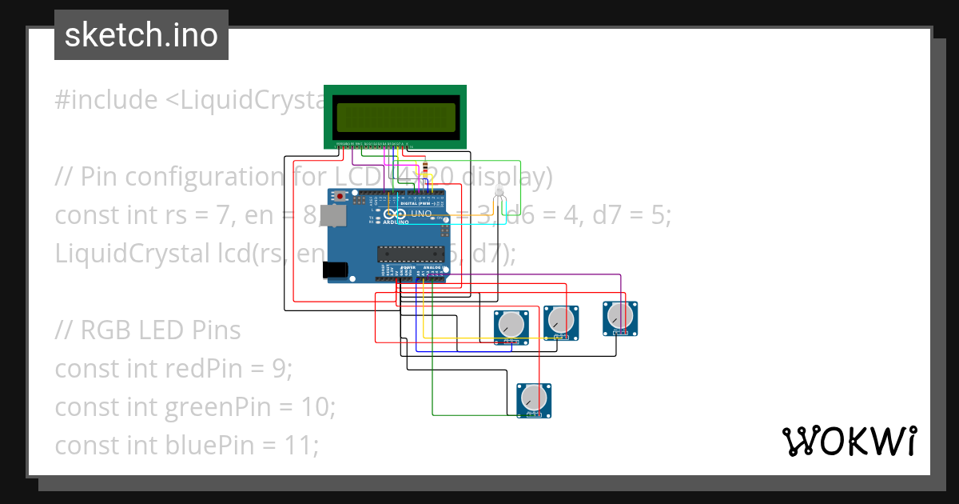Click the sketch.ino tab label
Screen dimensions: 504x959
pyautogui.click(x=141, y=35)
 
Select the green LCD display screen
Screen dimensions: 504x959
pyautogui.click(x=395, y=117)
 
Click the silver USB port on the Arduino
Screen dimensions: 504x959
pyautogui.click(x=332, y=215)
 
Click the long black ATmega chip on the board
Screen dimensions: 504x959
pyautogui.click(x=411, y=254)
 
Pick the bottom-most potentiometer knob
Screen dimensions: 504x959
pyautogui.click(x=533, y=398)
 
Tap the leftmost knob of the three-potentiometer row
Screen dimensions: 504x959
pyautogui.click(x=511, y=325)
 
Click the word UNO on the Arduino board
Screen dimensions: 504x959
pyautogui.click(x=421, y=214)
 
